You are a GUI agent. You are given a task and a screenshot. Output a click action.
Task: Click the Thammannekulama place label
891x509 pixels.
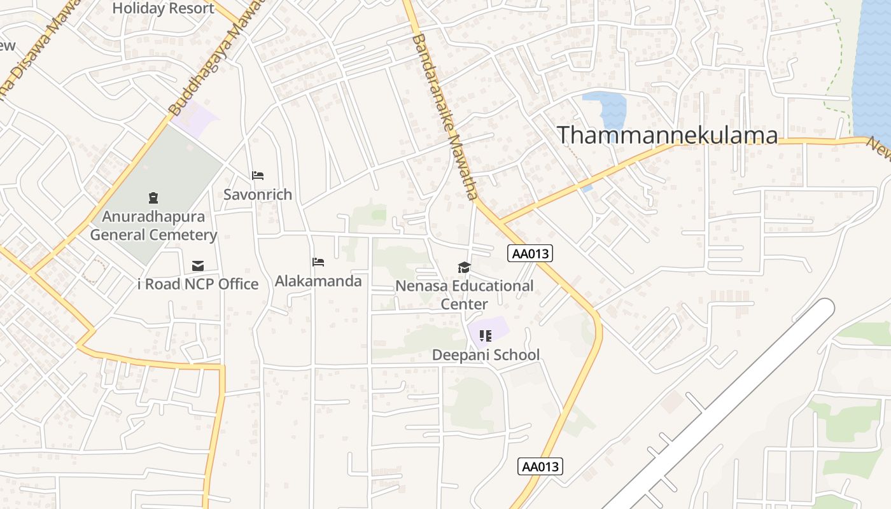(667, 136)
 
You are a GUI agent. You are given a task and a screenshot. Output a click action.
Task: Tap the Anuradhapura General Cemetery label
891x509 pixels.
(153, 226)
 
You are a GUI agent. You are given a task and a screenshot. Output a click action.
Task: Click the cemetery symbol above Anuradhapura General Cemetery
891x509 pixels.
(153, 198)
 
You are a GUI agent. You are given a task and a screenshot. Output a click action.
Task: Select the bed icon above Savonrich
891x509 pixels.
(258, 176)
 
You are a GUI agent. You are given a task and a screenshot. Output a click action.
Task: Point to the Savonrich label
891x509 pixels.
(258, 195)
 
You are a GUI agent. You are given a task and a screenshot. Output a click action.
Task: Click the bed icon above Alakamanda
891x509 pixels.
(318, 262)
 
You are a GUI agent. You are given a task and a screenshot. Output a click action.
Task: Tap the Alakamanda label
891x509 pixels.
(318, 281)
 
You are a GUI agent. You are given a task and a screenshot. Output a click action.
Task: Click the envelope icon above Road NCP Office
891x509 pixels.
(198, 266)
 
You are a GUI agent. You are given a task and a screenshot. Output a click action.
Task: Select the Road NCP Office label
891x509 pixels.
(198, 284)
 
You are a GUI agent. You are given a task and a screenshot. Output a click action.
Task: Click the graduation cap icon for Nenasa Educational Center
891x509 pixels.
(465, 268)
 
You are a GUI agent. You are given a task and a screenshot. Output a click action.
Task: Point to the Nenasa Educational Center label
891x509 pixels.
(465, 295)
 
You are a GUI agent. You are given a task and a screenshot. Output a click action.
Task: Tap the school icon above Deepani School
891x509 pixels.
(486, 335)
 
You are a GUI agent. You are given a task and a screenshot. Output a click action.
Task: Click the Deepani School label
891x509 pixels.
(486, 355)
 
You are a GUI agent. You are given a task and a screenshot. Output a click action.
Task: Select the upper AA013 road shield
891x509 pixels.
(530, 254)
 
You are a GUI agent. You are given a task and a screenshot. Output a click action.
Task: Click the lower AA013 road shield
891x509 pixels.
(540, 466)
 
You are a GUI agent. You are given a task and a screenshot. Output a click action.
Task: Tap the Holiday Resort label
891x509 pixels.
(164, 8)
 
